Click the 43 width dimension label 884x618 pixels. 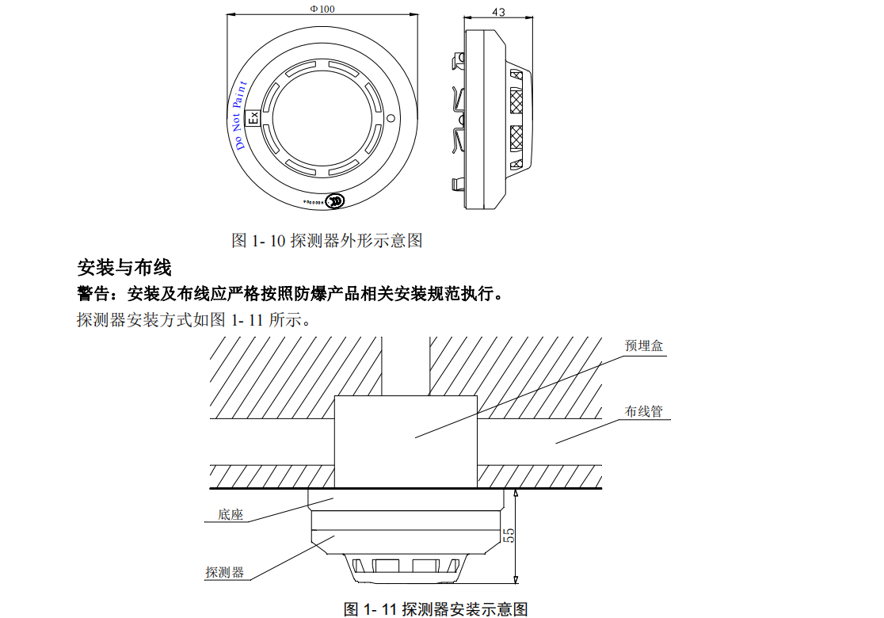point(498,12)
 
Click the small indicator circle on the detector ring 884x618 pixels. point(391,118)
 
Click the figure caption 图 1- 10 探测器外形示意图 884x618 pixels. point(326,240)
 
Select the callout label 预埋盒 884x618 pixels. point(643,346)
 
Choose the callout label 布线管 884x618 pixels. point(643,412)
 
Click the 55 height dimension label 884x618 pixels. point(510,536)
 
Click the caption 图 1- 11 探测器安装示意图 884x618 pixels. point(436,608)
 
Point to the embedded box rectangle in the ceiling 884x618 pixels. point(406,441)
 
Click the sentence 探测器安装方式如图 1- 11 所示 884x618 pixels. point(194,321)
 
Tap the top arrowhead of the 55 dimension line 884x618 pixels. point(516,492)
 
